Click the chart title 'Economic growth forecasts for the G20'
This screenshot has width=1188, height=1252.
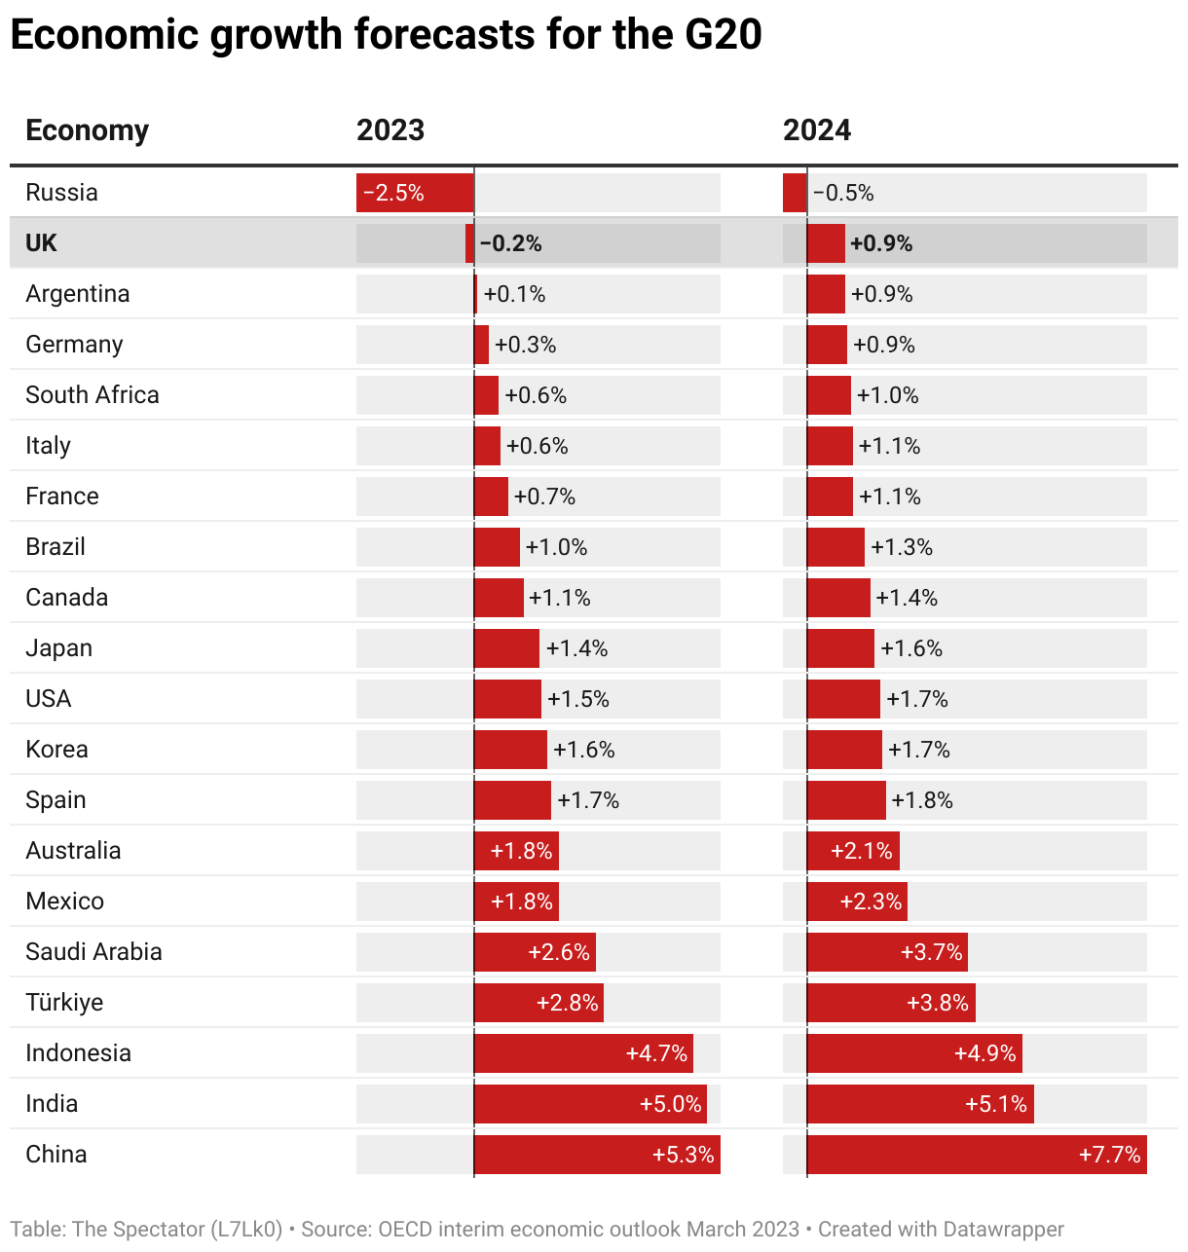point(386,35)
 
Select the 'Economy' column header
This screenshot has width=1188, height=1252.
point(87,130)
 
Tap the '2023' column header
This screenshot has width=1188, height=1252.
point(390,130)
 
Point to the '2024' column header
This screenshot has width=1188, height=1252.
point(817,130)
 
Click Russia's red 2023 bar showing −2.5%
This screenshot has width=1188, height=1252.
point(415,193)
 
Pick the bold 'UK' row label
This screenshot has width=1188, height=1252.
point(41,243)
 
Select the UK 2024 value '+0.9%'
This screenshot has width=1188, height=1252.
point(881,243)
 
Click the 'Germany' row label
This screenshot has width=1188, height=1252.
point(74,345)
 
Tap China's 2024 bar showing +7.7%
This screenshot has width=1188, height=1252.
point(977,1155)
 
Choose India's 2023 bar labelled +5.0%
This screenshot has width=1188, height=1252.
point(590,1104)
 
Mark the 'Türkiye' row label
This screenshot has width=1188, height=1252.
point(64,1003)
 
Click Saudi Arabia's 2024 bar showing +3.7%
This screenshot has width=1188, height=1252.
point(887,952)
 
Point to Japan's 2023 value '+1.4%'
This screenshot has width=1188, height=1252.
point(576,648)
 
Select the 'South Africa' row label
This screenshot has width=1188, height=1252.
point(92,395)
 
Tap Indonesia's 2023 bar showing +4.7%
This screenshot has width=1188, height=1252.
point(583,1053)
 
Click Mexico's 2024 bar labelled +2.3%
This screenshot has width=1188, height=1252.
point(857,902)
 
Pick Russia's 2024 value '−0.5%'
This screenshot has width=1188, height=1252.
point(843,193)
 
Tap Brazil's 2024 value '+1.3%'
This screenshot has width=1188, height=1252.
point(902,547)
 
